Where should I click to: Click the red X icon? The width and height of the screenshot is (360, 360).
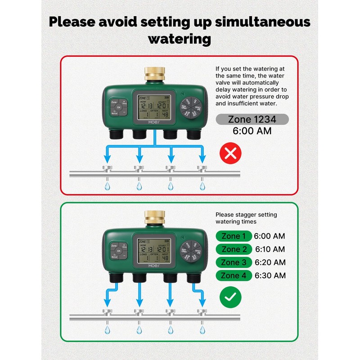click(x=230, y=154)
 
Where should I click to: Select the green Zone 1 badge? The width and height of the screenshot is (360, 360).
click(x=233, y=236)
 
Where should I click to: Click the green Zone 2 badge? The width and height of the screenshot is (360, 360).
click(x=233, y=249)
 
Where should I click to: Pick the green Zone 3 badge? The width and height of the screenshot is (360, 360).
click(x=233, y=262)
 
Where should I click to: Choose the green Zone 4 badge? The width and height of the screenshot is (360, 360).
click(x=233, y=275)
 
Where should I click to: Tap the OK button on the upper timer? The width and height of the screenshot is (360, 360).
click(x=118, y=108)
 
